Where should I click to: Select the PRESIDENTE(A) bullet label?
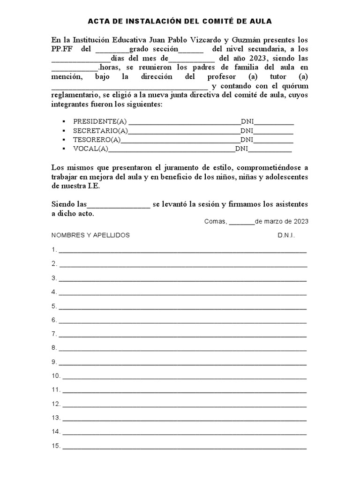(99, 121)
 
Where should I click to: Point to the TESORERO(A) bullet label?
(97, 140)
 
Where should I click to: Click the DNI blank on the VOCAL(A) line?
(270, 150)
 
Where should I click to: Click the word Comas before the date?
(215, 221)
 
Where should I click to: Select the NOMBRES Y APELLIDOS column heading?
(90, 235)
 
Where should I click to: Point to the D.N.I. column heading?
(286, 235)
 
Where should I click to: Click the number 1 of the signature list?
(54, 249)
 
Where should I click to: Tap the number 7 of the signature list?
(54, 334)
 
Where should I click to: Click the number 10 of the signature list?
(56, 376)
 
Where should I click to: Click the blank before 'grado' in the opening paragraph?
(112, 50)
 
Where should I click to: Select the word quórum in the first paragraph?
(296, 86)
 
